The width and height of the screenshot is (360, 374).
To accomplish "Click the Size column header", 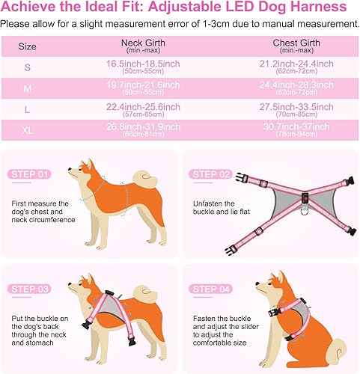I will (x=27, y=46).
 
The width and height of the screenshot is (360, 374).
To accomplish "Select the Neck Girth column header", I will (x=143, y=43).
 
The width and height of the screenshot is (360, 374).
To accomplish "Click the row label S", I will (x=27, y=67).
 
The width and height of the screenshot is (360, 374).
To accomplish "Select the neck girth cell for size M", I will (x=143, y=88).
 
